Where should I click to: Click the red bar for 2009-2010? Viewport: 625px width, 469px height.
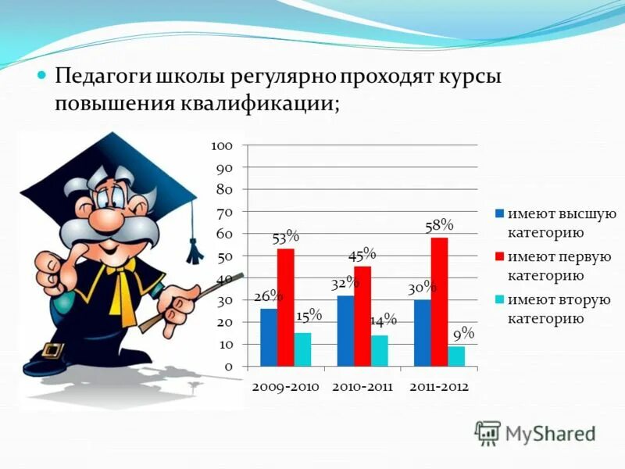(x=285, y=307)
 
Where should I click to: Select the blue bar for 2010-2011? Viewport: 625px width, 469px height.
(x=345, y=331)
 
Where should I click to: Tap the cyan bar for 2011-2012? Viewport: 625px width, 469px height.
(x=456, y=356)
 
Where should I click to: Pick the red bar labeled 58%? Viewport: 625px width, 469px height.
(x=439, y=302)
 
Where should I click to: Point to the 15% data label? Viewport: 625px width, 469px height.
(x=309, y=315)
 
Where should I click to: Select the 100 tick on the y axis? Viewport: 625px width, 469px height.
(x=222, y=146)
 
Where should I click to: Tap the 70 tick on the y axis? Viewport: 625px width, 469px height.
(x=223, y=212)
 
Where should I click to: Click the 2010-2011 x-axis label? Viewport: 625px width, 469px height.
(x=362, y=386)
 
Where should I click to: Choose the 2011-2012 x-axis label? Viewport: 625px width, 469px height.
(x=438, y=386)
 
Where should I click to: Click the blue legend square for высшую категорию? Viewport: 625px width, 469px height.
(x=498, y=213)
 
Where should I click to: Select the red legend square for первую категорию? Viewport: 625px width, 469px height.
(x=498, y=256)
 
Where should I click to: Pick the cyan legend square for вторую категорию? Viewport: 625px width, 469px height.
(x=498, y=299)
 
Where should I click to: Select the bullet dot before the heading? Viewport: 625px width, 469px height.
(x=43, y=76)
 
